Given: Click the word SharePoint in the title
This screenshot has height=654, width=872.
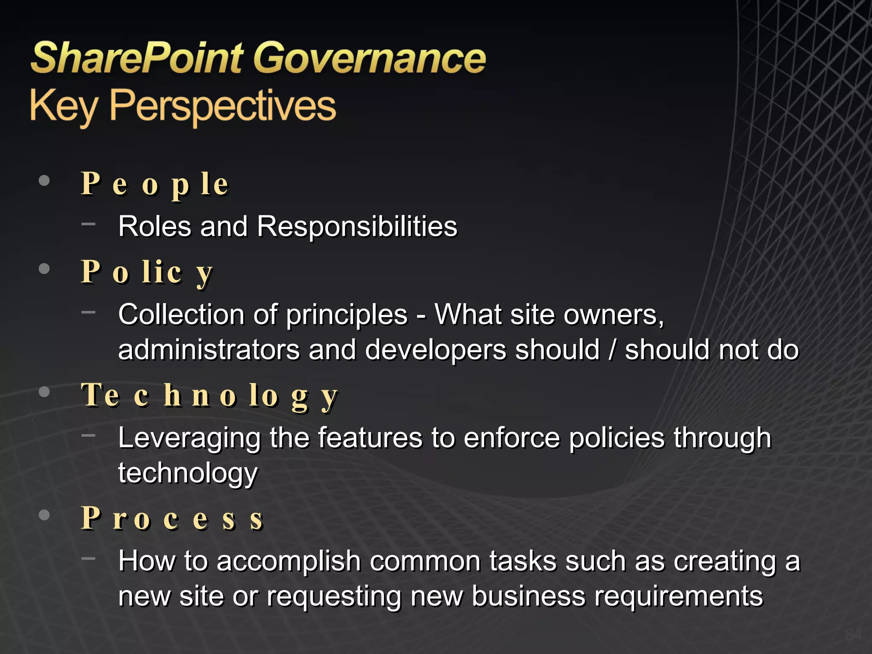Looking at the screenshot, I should (x=137, y=58).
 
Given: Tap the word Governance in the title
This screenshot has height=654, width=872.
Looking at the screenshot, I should (x=370, y=58).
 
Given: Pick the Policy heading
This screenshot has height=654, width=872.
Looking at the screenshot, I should (x=146, y=272).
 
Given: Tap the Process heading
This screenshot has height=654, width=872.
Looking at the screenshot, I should (x=172, y=519).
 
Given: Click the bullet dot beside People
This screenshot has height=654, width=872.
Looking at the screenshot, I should (x=44, y=181).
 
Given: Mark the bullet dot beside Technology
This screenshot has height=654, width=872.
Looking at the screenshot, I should (x=44, y=392).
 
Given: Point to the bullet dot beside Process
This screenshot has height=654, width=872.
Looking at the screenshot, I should (x=44, y=515).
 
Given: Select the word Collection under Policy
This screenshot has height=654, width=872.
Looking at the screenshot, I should (x=181, y=315).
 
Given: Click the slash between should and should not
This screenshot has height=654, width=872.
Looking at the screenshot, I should (x=612, y=350).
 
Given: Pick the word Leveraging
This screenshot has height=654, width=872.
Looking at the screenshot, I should (x=189, y=438).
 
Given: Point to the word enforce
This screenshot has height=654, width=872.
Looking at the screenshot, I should (x=511, y=438).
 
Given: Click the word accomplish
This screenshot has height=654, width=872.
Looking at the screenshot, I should (x=289, y=561).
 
